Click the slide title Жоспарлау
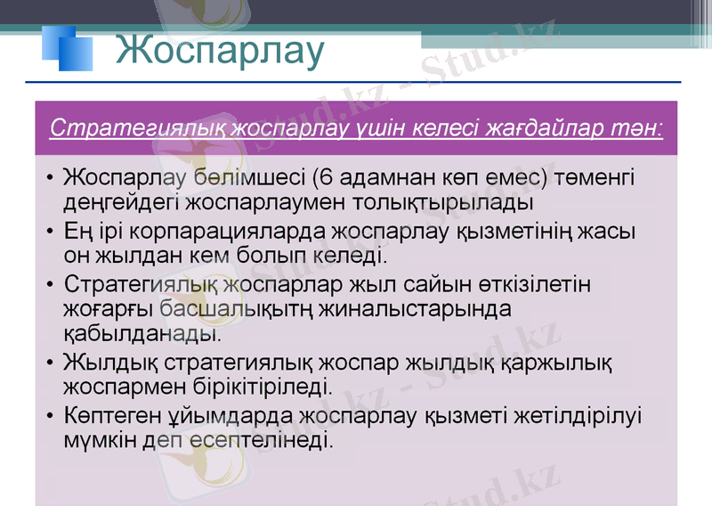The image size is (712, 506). tap(220, 51)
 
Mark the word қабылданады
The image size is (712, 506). tap(141, 335)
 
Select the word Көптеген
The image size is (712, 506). tap(111, 417)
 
